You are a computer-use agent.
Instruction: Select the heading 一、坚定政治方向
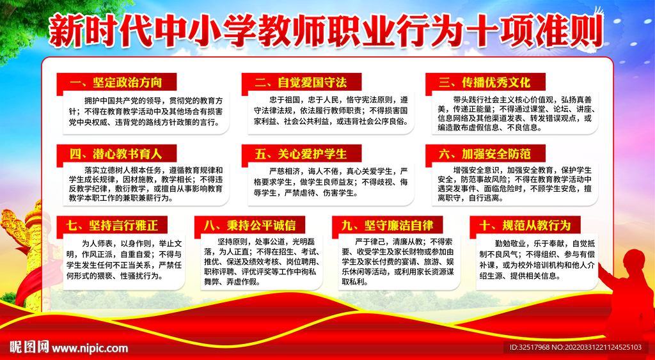tap(114, 82)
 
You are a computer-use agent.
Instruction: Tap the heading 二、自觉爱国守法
tap(300, 82)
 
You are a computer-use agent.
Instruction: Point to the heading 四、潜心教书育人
tap(114, 154)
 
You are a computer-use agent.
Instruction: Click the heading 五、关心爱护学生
tap(300, 154)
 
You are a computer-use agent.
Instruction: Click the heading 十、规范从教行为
tap(525, 225)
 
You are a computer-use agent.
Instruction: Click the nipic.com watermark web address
tap(90, 348)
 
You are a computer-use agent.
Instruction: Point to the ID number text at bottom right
tap(575, 348)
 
